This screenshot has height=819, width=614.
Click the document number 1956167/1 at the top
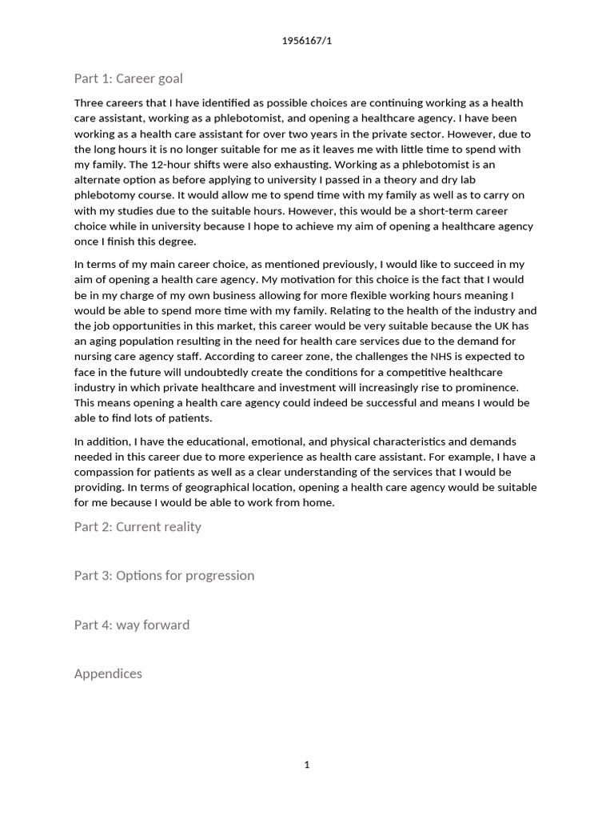[x=307, y=42]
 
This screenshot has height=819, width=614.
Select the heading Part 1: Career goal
[x=128, y=78]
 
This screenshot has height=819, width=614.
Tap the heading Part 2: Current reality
[x=138, y=526]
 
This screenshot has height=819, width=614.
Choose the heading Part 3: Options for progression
[x=164, y=575]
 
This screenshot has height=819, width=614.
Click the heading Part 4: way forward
[x=132, y=625]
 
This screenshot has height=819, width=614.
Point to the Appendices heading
[x=108, y=673]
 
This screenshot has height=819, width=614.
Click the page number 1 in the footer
[x=307, y=765]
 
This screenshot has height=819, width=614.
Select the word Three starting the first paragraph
[x=90, y=103]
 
